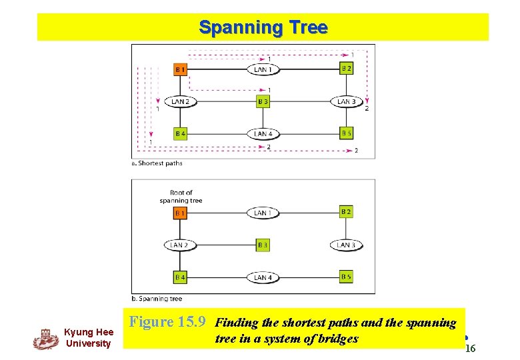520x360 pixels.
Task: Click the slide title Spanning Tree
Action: pyautogui.click(x=263, y=27)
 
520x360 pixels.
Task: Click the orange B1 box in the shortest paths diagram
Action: pyautogui.click(x=180, y=69)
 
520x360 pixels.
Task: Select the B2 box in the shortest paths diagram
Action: pyautogui.click(x=346, y=69)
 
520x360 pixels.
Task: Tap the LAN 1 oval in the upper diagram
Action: pyautogui.click(x=263, y=69)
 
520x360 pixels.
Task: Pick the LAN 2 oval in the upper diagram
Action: pyautogui.click(x=180, y=102)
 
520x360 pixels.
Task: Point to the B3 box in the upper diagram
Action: pyautogui.click(x=263, y=102)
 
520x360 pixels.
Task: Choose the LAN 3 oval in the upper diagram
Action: pyautogui.click(x=346, y=102)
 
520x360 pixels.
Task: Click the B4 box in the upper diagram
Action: pyautogui.click(x=180, y=134)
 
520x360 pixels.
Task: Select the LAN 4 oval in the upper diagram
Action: pyautogui.click(x=263, y=134)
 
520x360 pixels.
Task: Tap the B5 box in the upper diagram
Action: pyautogui.click(x=346, y=133)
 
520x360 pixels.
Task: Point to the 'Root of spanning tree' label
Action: pyautogui.click(x=181, y=197)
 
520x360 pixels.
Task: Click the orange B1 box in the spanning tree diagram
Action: pyautogui.click(x=180, y=213)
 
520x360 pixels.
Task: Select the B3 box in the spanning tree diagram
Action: pyautogui.click(x=263, y=245)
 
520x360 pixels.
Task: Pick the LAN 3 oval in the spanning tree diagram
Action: pyautogui.click(x=346, y=245)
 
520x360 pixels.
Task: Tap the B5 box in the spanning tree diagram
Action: pyautogui.click(x=346, y=277)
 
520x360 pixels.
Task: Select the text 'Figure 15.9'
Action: pyautogui.click(x=168, y=322)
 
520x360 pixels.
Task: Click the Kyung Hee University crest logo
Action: pyautogui.click(x=45, y=339)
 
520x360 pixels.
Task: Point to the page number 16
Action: pyautogui.click(x=470, y=349)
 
